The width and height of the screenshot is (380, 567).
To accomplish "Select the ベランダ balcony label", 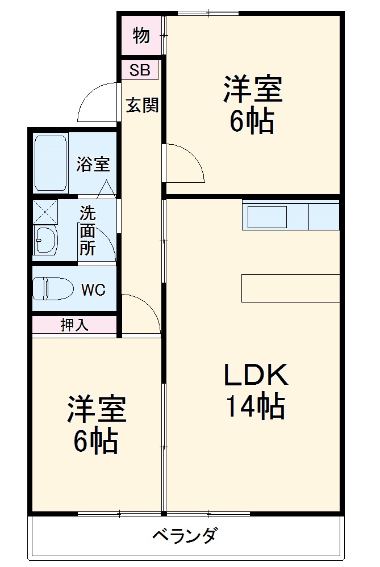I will click(185, 535).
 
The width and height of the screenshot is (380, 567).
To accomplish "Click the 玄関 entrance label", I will click(142, 105).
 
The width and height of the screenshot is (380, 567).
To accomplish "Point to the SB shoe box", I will click(140, 70).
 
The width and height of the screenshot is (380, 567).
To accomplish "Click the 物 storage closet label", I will click(141, 36).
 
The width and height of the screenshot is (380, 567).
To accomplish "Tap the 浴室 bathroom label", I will click(93, 165).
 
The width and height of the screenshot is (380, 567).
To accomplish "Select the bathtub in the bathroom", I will click(51, 163).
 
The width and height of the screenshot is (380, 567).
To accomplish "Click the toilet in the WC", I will click(52, 288).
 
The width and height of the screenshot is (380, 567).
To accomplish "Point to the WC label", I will click(93, 290).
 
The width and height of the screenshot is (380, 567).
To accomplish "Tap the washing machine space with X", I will click(45, 211).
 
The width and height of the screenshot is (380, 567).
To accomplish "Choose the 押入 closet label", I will click(74, 325).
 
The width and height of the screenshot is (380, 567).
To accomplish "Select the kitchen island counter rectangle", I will click(290, 288).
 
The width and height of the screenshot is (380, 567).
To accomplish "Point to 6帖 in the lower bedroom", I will click(95, 441).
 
